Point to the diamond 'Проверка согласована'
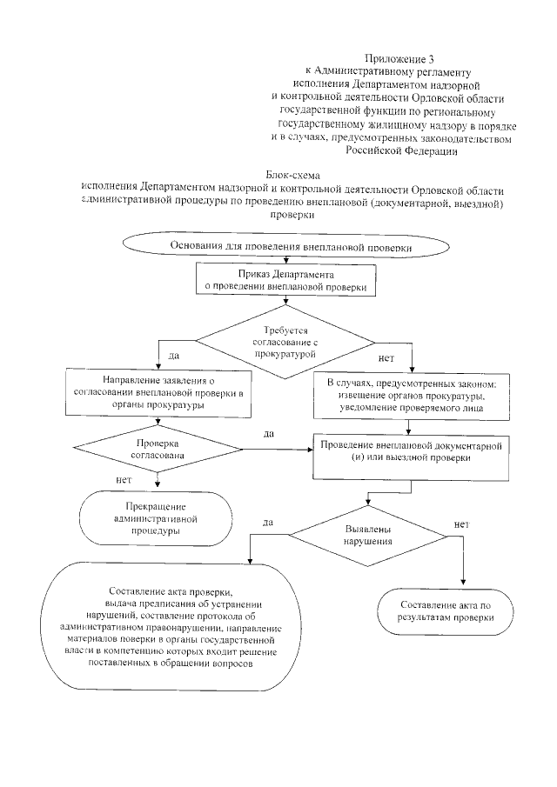158,449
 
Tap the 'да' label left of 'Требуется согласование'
173,356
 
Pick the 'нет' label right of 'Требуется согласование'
386,357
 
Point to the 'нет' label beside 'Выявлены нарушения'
461,524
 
